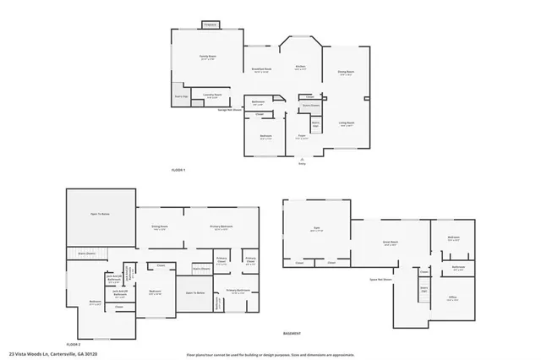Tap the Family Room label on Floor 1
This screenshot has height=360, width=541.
(x=206, y=57)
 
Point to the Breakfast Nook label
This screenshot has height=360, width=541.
(x=261, y=69)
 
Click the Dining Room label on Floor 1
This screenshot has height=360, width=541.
(x=346, y=73)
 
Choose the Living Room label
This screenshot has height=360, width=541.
(x=347, y=123)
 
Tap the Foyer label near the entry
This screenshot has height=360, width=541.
(x=301, y=135)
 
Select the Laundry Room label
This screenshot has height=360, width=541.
(x=212, y=95)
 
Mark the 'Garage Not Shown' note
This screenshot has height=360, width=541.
(x=230, y=109)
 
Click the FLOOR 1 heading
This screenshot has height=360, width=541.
(x=178, y=170)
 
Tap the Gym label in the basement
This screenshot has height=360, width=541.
(x=316, y=229)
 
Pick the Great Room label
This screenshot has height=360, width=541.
(x=391, y=243)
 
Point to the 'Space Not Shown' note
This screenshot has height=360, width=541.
(x=383, y=278)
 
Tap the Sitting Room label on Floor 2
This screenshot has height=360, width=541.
(x=160, y=227)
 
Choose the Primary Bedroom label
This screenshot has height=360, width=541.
(x=221, y=227)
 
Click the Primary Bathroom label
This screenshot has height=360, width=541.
(x=237, y=290)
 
